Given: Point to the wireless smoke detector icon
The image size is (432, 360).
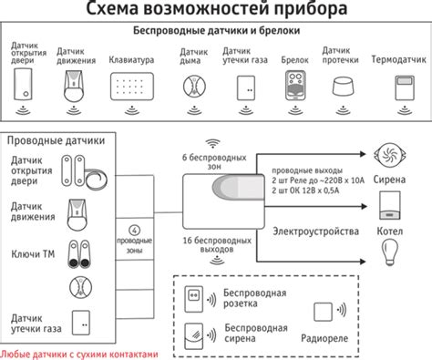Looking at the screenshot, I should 191,87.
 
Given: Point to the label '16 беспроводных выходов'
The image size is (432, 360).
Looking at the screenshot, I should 216,243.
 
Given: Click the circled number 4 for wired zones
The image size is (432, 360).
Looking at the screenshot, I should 135,229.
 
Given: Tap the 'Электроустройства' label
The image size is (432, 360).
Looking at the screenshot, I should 315,231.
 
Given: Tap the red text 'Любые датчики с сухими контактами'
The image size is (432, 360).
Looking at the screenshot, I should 80,354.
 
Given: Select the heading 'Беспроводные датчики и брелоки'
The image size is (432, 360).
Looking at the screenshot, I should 217,32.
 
